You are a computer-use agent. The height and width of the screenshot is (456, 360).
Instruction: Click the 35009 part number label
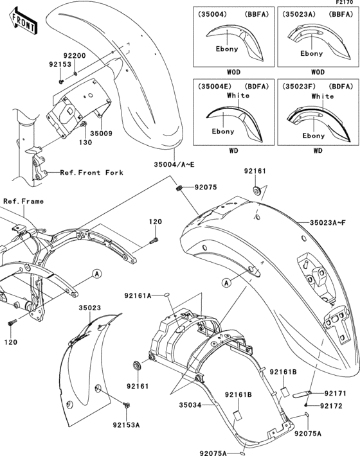101,134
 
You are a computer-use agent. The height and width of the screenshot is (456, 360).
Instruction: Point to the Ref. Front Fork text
88,172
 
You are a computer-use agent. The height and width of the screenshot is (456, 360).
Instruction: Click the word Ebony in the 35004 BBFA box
226,48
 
